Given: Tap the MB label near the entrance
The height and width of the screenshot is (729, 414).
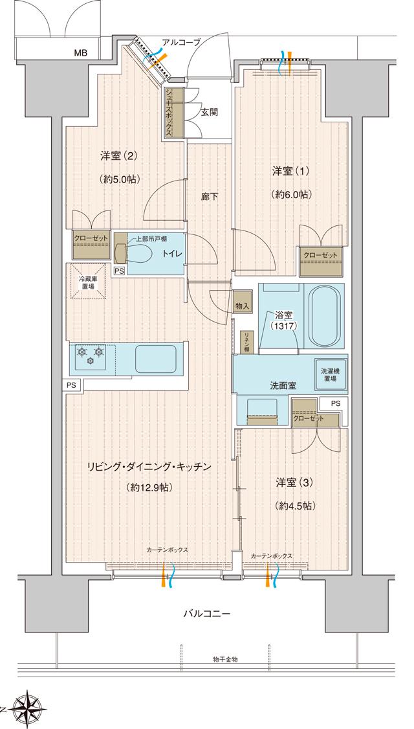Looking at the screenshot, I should point(80,53).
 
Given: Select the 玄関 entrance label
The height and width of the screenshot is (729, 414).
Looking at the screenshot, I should point(208,112).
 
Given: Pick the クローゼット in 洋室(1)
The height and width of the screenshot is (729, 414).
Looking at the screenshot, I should point(321,256).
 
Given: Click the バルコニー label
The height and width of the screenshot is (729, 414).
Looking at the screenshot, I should point(206,612).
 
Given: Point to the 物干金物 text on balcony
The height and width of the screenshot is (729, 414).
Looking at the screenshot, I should point(225,658).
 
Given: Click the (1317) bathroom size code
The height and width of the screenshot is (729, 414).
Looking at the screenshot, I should point(283,326).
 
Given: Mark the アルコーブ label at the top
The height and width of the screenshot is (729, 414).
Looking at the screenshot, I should point(180,42).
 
